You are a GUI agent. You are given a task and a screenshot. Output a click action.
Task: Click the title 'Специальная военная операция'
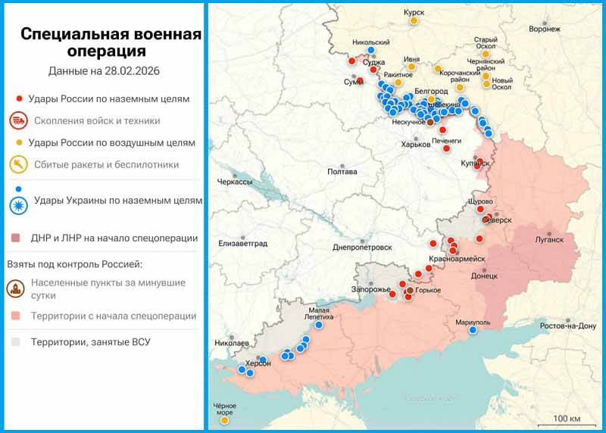(x=111, y=43)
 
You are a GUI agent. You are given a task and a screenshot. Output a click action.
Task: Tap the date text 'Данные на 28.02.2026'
(x=108, y=72)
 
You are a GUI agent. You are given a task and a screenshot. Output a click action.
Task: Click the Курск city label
(x=414, y=12)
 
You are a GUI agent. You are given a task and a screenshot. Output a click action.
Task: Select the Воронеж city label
(x=545, y=30)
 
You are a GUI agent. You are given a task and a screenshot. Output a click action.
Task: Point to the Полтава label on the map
(x=342, y=172)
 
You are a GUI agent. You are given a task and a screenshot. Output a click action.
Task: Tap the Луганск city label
(x=548, y=240)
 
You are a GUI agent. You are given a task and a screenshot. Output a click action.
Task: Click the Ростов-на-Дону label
(x=567, y=326)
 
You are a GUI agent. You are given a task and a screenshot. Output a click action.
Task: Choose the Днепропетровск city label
(x=362, y=248)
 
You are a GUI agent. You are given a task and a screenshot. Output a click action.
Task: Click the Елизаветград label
(x=243, y=243)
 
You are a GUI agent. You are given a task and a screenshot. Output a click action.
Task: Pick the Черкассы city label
(x=234, y=182)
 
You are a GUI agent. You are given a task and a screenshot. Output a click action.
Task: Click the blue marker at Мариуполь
(x=473, y=330)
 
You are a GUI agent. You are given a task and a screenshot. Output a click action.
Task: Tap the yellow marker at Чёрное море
(x=225, y=419)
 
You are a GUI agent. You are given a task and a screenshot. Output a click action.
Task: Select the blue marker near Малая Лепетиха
(x=319, y=325)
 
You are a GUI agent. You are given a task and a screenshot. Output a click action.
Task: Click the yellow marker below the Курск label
(x=414, y=21)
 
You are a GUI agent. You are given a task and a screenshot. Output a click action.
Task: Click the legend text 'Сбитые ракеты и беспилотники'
(x=106, y=164)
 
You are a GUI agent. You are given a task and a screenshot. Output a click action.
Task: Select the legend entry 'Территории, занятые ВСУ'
(x=90, y=342)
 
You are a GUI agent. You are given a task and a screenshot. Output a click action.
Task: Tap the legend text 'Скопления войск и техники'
(x=97, y=120)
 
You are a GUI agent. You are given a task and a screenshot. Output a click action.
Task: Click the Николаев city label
(x=232, y=343)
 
